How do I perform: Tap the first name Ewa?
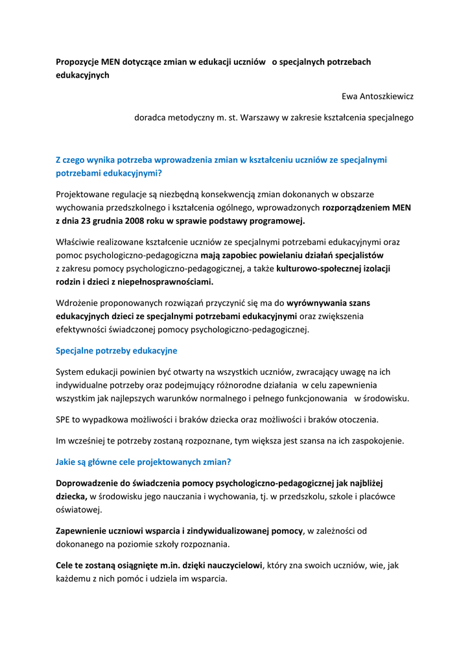click(x=349, y=97)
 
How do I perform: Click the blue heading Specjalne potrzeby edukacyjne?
click(x=117, y=351)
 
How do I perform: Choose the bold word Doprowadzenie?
click(x=88, y=483)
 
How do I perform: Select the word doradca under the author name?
click(x=150, y=118)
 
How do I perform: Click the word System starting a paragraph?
click(x=71, y=372)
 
